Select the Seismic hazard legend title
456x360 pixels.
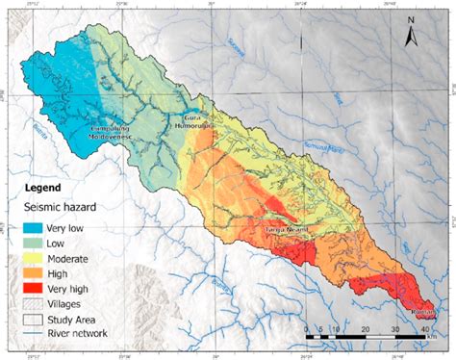(64, 207)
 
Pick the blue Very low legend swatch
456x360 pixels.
(39, 228)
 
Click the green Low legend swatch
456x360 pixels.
(39, 244)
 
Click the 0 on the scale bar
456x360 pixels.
(306, 330)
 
